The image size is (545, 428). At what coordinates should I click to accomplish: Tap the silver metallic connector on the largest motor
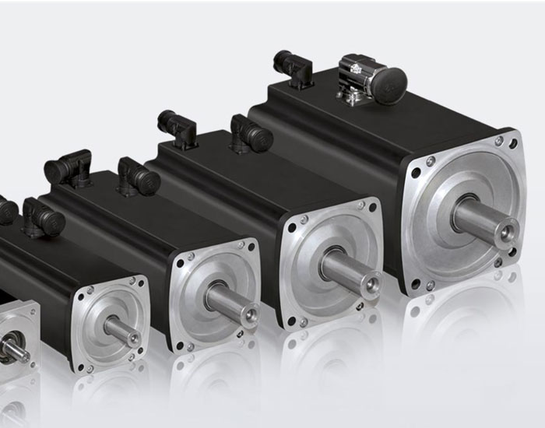tap(356, 82)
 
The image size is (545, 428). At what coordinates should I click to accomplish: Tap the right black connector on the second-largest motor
tap(250, 135)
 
